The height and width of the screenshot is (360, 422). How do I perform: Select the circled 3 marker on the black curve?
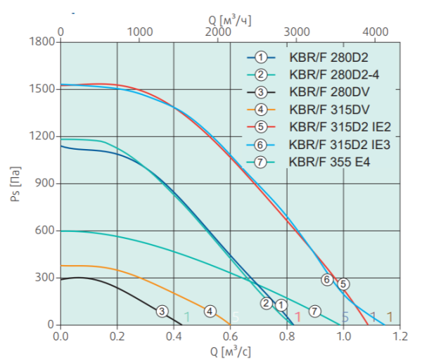[x=162, y=311]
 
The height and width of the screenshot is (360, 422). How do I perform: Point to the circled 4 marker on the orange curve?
[x=210, y=311]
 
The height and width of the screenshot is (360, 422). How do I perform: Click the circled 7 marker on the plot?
[x=314, y=311]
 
